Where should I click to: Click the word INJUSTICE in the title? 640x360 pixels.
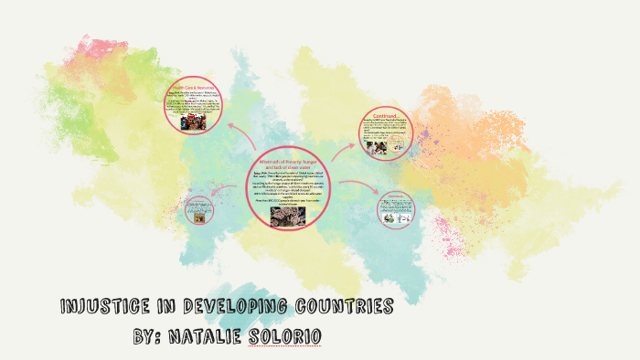point(100,306)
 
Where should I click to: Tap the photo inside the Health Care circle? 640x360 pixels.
point(192,122)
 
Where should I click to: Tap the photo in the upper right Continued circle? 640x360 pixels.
point(376,145)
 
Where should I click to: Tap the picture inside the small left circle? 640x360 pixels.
point(198,217)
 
